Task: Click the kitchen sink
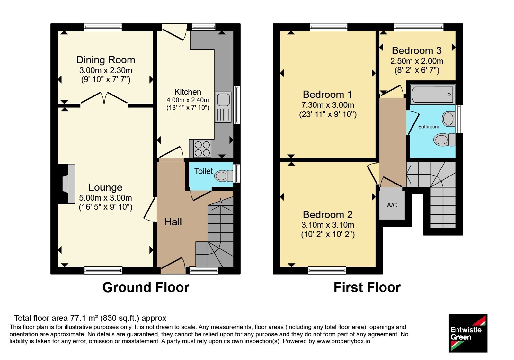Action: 223,107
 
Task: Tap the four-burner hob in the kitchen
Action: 202,149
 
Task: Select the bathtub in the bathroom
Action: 432,94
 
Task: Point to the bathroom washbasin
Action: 448,119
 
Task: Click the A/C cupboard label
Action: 392,205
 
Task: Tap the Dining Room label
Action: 106,60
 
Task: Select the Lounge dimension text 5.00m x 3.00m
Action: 106,198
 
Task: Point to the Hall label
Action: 173,222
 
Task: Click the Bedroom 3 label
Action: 417,50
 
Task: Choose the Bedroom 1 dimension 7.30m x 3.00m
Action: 328,105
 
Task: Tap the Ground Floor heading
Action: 146,287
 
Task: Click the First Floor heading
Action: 367,287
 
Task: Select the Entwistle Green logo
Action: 468,333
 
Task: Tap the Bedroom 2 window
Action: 327,270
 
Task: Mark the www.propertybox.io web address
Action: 343,341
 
